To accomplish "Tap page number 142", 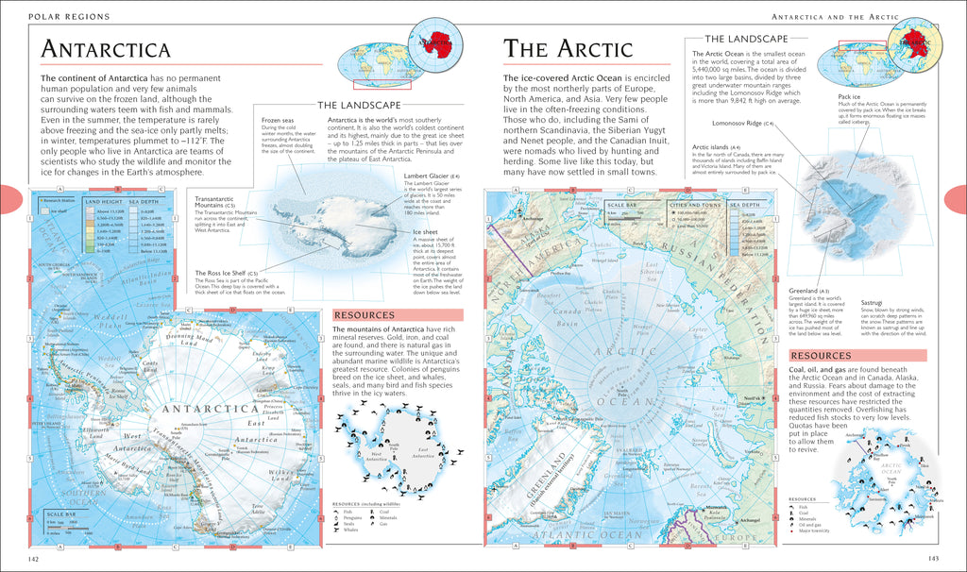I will click(x=33, y=560).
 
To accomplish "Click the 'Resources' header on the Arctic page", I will click(x=821, y=355).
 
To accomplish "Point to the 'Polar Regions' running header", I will click(x=68, y=17).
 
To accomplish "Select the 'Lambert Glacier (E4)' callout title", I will click(x=431, y=176).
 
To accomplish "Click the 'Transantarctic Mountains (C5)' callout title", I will click(x=223, y=203).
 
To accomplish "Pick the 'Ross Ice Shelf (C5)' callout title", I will click(x=225, y=272).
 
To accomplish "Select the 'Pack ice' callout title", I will click(x=847, y=96).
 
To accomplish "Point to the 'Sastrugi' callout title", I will click(x=873, y=303).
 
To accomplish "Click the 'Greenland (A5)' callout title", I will click(x=808, y=291).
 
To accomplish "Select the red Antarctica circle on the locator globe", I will click(x=433, y=43).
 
